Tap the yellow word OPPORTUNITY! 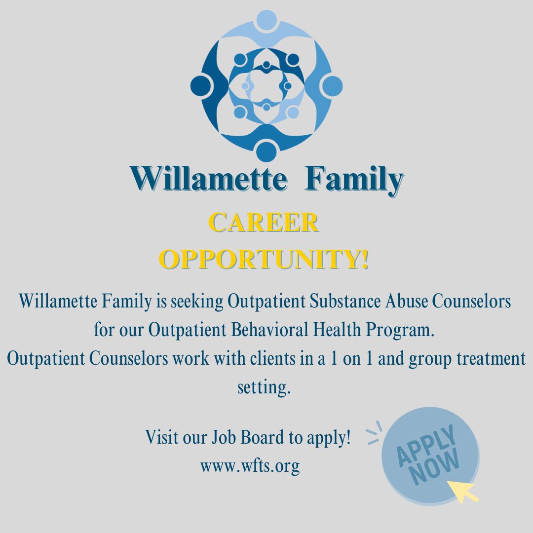266,259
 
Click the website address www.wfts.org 250,465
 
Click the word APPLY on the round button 426,446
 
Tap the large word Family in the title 354,180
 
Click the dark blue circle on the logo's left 201,85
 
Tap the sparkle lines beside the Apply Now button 375,433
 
